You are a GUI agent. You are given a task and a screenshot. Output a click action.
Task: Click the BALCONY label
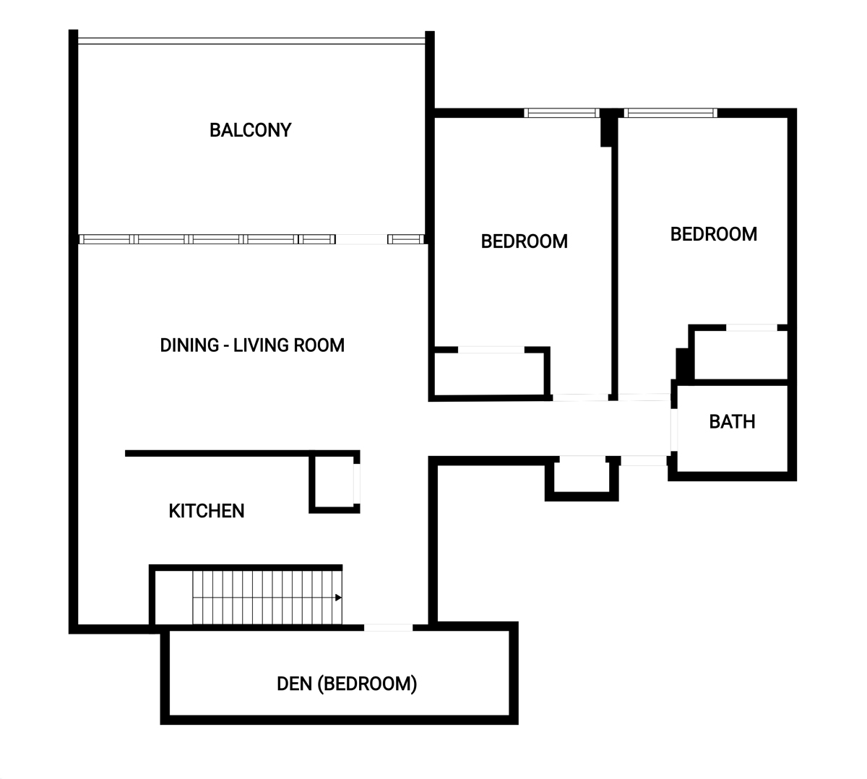click(x=250, y=130)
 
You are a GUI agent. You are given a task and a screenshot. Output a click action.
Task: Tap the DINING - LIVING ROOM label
click(x=252, y=345)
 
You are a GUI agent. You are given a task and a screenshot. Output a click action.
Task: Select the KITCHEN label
click(x=206, y=511)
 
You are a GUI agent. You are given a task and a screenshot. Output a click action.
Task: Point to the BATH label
click(x=732, y=421)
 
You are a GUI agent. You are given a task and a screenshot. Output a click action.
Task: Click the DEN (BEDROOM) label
click(x=347, y=684)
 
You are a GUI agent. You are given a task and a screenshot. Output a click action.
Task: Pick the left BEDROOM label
click(x=525, y=241)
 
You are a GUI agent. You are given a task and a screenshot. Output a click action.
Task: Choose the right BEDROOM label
click(x=714, y=234)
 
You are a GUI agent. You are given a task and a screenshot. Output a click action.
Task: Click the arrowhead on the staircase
click(x=338, y=597)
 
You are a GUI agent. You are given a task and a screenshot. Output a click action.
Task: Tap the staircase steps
click(x=267, y=597)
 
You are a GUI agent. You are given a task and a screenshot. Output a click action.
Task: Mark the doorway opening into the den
click(x=388, y=627)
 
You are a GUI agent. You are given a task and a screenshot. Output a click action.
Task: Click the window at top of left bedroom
click(x=561, y=113)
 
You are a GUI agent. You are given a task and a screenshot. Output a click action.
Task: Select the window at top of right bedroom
click(x=670, y=113)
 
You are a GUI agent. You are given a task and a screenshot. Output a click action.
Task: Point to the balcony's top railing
click(x=251, y=41)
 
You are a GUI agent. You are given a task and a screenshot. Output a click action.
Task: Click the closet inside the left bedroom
click(x=489, y=373)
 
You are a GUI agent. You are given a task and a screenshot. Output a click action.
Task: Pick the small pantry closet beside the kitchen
click(x=335, y=481)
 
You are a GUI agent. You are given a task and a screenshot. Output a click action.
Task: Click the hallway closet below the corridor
click(x=582, y=477)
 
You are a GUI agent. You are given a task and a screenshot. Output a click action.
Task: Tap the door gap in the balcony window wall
click(x=361, y=239)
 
